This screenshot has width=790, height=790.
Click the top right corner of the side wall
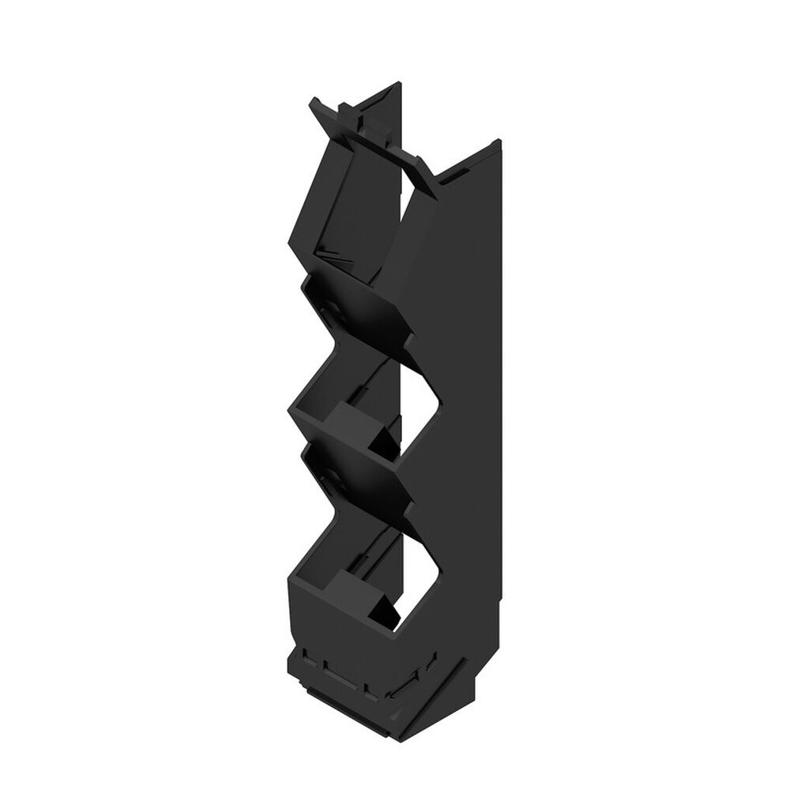498,141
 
